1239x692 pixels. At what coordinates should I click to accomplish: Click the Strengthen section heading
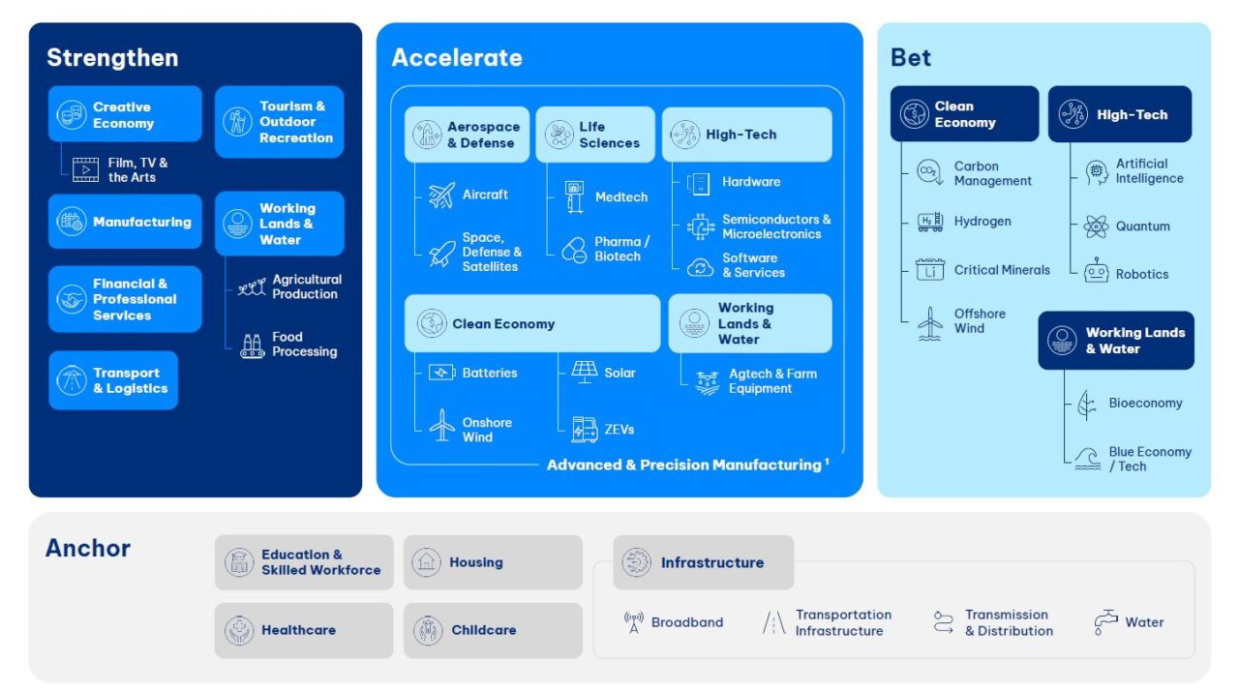click(112, 58)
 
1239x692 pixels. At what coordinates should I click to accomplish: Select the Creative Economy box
click(125, 115)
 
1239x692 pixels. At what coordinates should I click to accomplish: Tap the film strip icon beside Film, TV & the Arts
click(86, 170)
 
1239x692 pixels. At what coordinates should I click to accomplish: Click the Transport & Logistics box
click(113, 380)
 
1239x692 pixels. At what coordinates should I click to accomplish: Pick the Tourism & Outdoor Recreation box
click(279, 122)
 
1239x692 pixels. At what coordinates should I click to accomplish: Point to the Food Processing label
click(304, 345)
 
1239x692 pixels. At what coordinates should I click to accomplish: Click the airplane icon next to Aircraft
click(441, 196)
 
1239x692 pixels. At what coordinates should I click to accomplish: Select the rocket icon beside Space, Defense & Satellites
click(441, 254)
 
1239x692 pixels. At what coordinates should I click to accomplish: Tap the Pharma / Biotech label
click(621, 249)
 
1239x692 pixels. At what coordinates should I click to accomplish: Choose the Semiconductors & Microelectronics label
click(775, 226)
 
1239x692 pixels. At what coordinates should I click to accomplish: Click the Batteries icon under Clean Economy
click(441, 373)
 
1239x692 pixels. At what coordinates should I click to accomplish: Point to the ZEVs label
click(619, 429)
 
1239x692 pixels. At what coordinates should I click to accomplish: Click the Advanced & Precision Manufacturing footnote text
click(686, 466)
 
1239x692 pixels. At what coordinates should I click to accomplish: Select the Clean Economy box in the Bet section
click(964, 114)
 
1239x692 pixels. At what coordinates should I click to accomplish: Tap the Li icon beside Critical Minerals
click(929, 270)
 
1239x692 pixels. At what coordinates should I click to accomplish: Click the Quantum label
click(1142, 226)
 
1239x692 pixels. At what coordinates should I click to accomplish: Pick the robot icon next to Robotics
click(1096, 272)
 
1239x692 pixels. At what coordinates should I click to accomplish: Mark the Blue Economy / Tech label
click(1150, 459)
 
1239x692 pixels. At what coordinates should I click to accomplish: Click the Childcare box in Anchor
click(493, 630)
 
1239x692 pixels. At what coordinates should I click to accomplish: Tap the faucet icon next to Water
click(1104, 622)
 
